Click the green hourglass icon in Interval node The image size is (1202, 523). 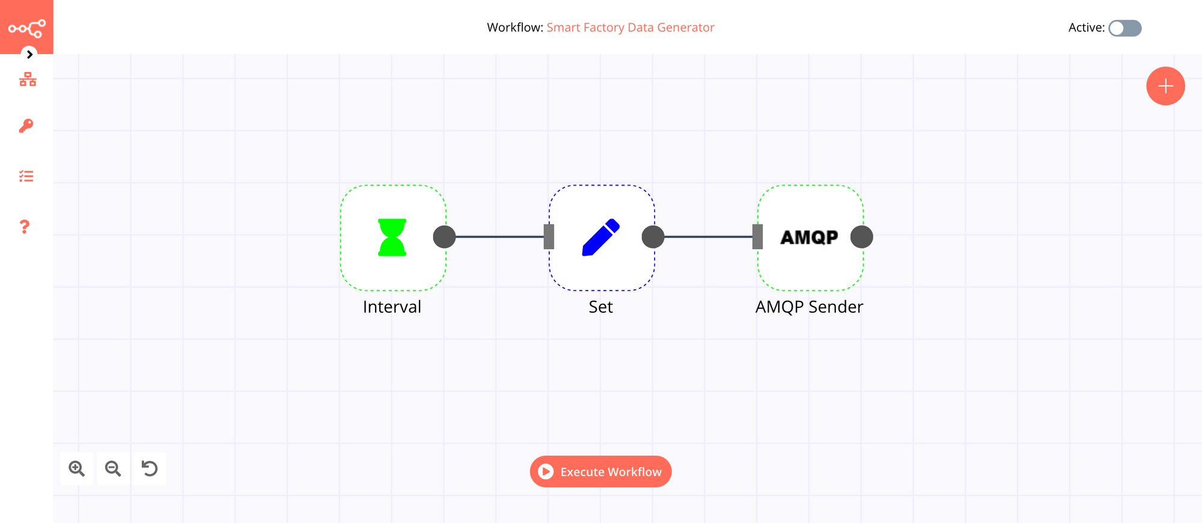pyautogui.click(x=392, y=237)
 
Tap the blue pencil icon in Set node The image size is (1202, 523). pyautogui.click(x=600, y=237)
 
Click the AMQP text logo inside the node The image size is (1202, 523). pyautogui.click(x=809, y=237)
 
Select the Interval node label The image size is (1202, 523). pyautogui.click(x=392, y=307)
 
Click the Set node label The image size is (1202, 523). pyautogui.click(x=600, y=307)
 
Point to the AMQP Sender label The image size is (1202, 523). pyautogui.click(x=809, y=307)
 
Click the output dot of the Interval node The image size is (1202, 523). pyautogui.click(x=444, y=237)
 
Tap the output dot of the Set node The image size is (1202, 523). pyautogui.click(x=653, y=237)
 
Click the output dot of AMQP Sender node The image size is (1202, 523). pyautogui.click(x=861, y=237)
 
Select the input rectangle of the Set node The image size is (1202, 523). pyautogui.click(x=549, y=237)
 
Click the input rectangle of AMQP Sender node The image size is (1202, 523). pyautogui.click(x=757, y=237)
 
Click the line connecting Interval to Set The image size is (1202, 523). pyautogui.click(x=499, y=237)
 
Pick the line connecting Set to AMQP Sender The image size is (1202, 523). pyautogui.click(x=708, y=237)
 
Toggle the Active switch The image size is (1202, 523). pyautogui.click(x=1124, y=28)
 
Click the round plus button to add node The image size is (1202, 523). pyautogui.click(x=1165, y=86)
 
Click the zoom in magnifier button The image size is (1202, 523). pyautogui.click(x=77, y=468)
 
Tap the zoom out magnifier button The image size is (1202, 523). pyautogui.click(x=113, y=468)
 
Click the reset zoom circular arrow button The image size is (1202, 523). pyautogui.click(x=149, y=468)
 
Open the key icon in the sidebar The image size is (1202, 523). pyautogui.click(x=26, y=125)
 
